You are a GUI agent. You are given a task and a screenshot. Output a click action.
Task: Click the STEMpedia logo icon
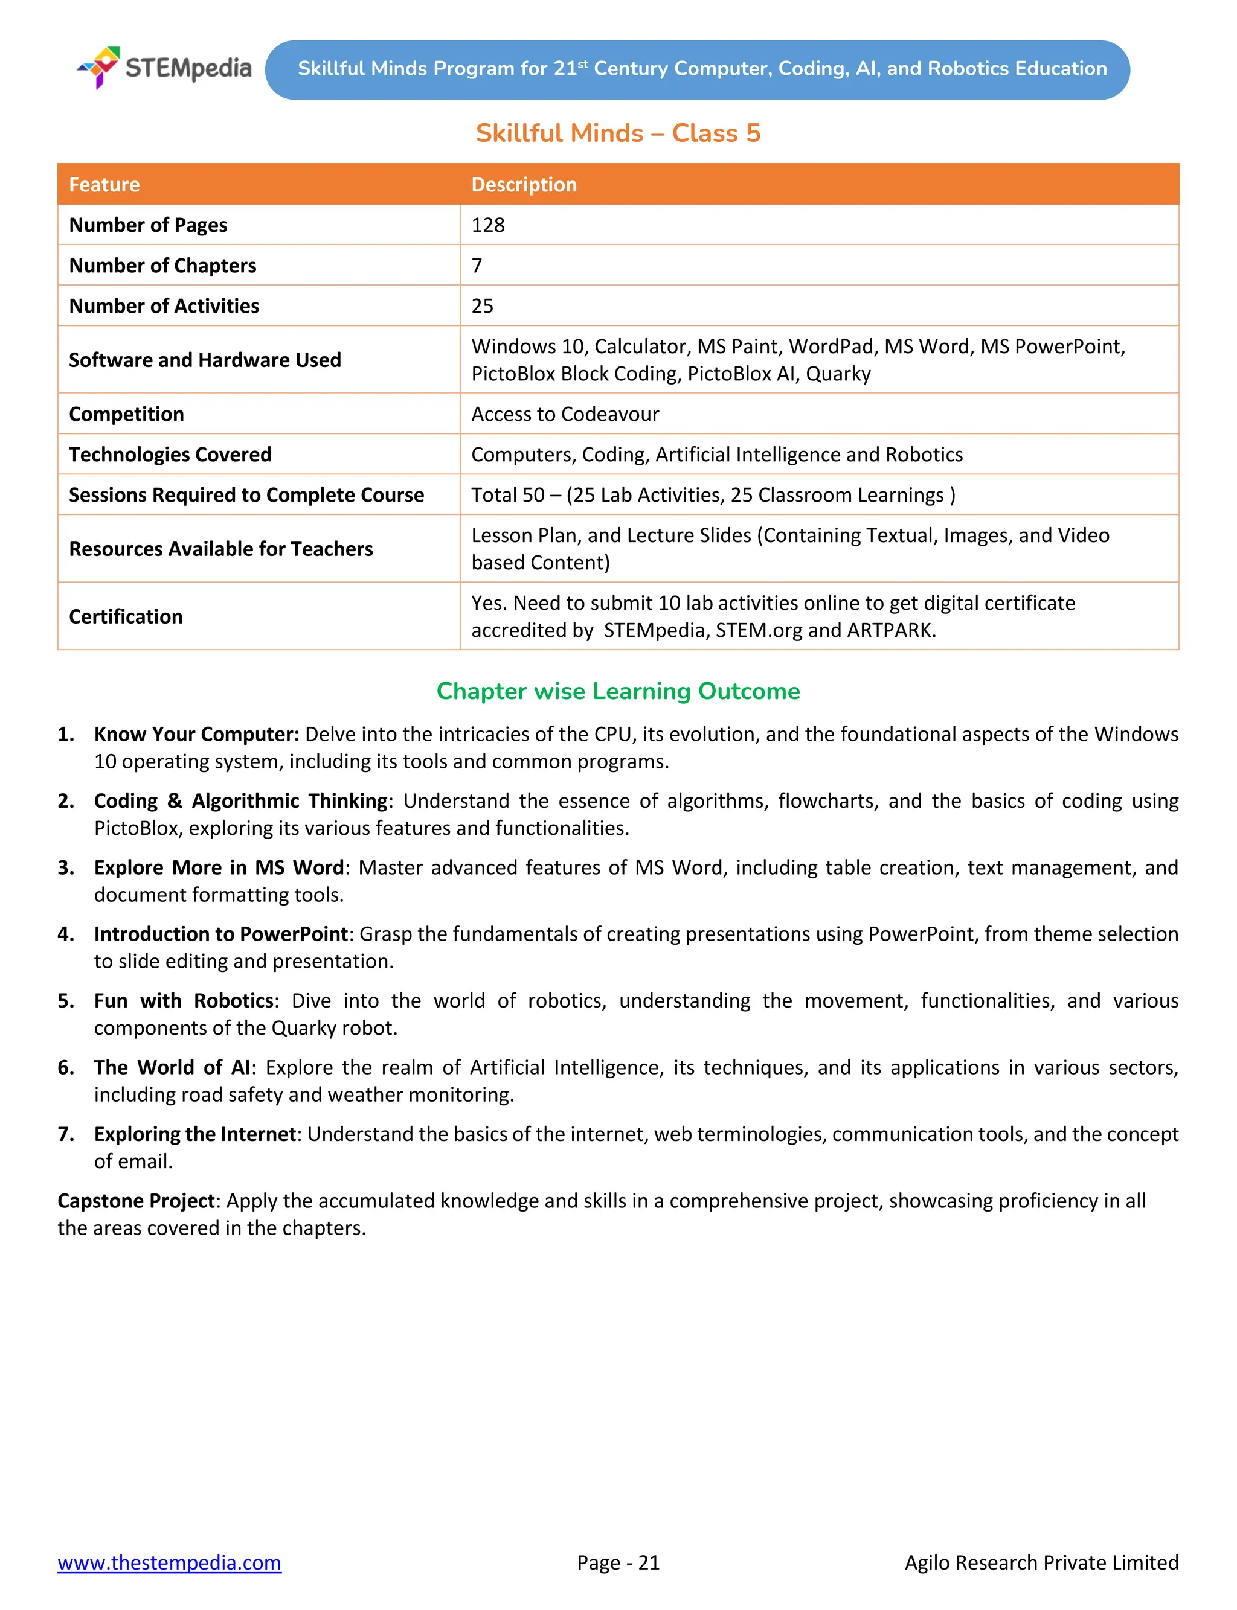[x=100, y=67]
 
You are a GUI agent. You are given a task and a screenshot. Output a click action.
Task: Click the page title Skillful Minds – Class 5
[x=618, y=133]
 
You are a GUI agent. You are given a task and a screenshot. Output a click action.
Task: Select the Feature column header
[x=104, y=185]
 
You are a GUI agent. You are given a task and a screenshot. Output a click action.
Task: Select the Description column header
[x=524, y=185]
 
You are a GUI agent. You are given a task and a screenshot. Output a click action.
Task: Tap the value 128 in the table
[x=488, y=225]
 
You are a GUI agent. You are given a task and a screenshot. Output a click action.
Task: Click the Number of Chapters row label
[x=162, y=266]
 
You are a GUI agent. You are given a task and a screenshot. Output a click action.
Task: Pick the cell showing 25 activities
[x=482, y=306]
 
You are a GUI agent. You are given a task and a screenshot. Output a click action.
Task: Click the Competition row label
[x=127, y=414]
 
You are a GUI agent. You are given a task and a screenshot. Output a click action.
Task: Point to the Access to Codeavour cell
[x=565, y=414]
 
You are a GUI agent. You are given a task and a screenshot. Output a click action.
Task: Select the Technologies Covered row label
[x=170, y=455]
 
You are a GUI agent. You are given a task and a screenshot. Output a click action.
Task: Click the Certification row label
[x=126, y=616]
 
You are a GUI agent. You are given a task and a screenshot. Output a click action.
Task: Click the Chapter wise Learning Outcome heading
[x=618, y=691]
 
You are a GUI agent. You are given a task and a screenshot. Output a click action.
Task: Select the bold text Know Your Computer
[x=196, y=734]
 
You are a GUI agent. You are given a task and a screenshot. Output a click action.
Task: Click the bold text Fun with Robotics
[x=184, y=1001]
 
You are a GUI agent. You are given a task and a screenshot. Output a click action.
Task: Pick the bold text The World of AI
[x=172, y=1068]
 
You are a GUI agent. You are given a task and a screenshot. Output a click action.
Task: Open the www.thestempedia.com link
[x=169, y=1562]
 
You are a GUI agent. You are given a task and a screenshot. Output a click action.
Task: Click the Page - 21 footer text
[x=618, y=1562]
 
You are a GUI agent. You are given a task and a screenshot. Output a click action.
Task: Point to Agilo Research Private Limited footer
[x=1041, y=1562]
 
